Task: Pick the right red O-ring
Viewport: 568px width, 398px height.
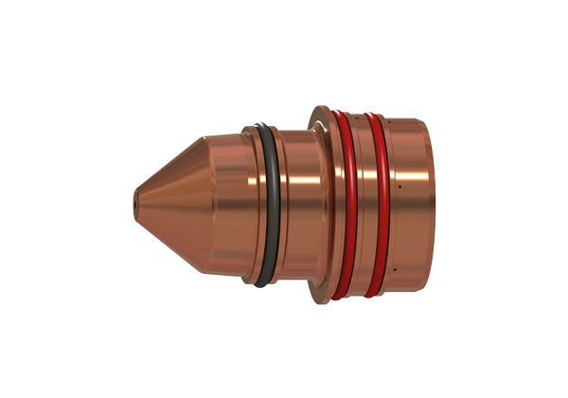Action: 379,204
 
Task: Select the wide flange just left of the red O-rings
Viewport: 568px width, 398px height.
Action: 322,204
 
